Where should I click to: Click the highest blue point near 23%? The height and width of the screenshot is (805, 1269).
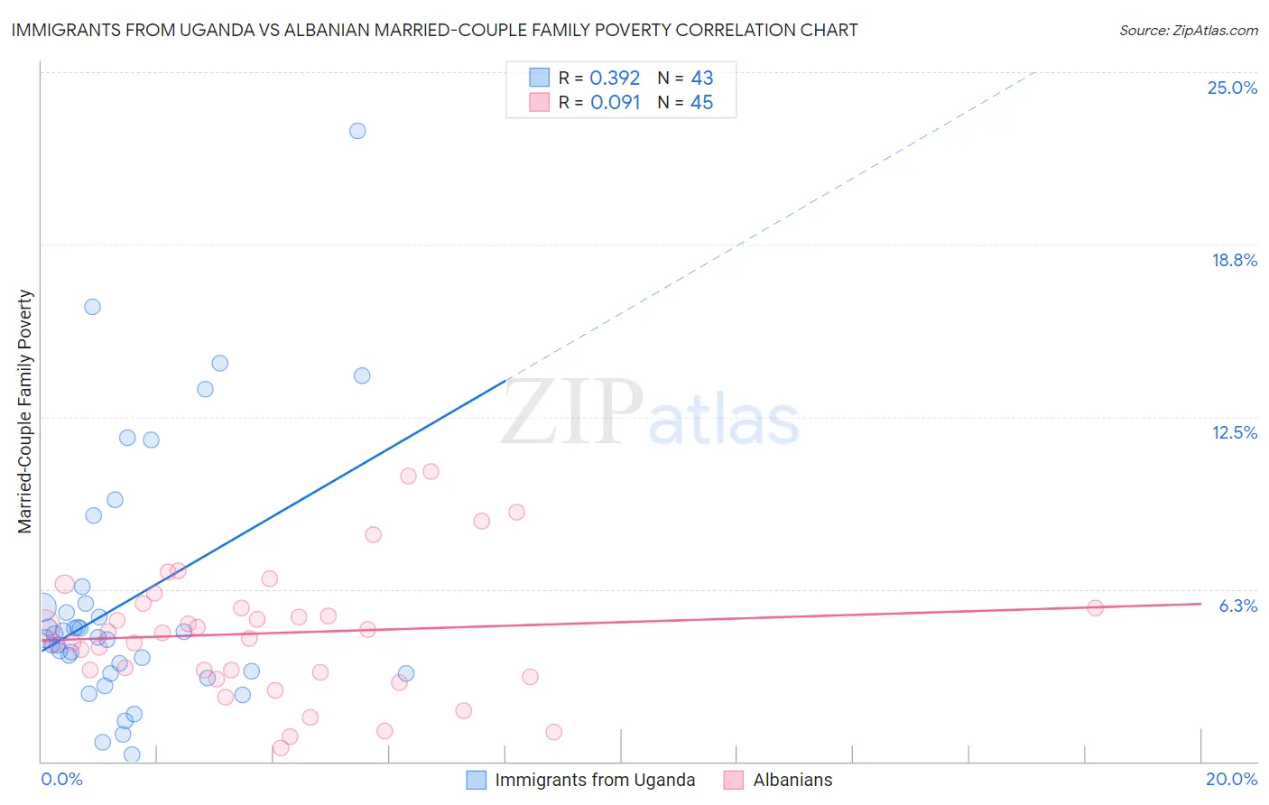point(357,131)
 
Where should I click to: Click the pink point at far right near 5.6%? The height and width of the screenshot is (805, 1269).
point(1095,608)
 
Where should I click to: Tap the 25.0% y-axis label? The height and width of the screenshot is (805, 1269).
point(1232,88)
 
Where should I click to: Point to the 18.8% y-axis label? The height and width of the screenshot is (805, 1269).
point(1234,260)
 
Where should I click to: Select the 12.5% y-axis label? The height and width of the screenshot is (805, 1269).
point(1234,432)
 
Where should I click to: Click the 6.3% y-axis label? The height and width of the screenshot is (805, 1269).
point(1237,606)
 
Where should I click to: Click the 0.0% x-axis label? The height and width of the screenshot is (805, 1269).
point(61,779)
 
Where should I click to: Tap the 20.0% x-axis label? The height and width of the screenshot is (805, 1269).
point(1231,779)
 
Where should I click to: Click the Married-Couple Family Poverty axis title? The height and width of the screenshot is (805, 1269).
point(25,412)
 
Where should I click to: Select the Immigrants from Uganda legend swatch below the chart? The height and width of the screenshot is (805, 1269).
point(476,780)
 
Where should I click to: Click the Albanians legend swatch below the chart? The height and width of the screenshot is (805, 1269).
point(734,780)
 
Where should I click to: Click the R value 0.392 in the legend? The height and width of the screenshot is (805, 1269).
point(615,79)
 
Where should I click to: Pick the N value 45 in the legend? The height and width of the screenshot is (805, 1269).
point(701,103)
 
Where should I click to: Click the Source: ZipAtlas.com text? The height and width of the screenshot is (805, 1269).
point(1188,31)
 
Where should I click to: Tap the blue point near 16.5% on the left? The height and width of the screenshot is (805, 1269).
point(92,307)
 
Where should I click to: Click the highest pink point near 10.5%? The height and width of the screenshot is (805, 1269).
point(431,471)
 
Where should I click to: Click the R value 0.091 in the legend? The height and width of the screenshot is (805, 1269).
point(615,103)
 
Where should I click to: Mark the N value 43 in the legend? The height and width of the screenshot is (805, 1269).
point(701,79)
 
